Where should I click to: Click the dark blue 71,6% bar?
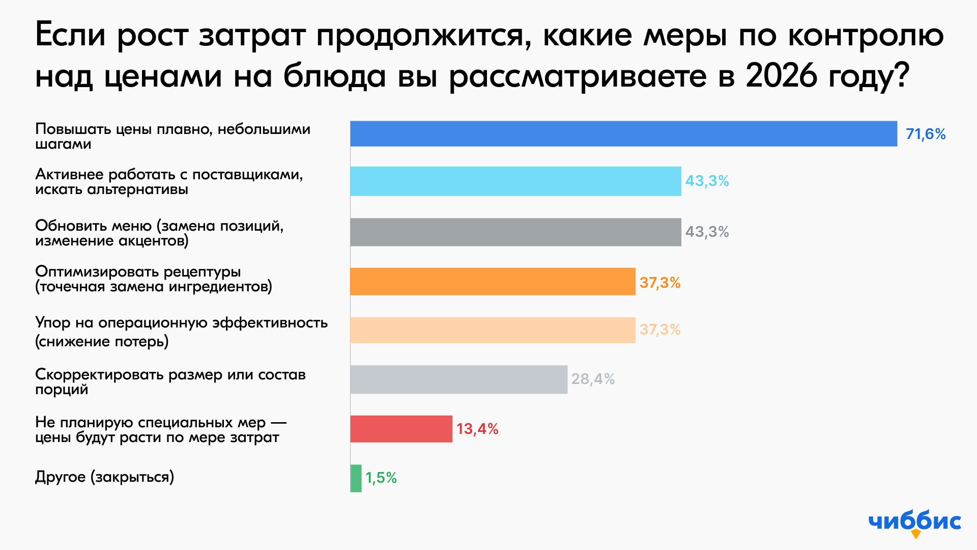tap(623, 134)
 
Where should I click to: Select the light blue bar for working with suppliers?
tap(515, 181)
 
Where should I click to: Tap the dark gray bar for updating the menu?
tap(515, 232)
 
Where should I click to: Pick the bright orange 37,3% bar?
tap(493, 282)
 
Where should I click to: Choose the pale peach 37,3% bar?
tap(493, 330)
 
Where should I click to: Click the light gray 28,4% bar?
tap(458, 379)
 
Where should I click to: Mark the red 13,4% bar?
tap(401, 429)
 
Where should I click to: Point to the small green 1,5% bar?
tap(356, 478)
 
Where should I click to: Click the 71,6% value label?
tap(926, 134)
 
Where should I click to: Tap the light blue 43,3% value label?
tap(707, 181)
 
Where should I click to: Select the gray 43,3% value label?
tap(707, 232)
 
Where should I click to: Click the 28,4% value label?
tap(593, 379)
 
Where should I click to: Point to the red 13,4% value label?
tap(477, 429)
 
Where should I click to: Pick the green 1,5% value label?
tap(381, 478)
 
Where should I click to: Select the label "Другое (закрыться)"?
tap(104, 477)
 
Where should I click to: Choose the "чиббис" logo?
tap(915, 522)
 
